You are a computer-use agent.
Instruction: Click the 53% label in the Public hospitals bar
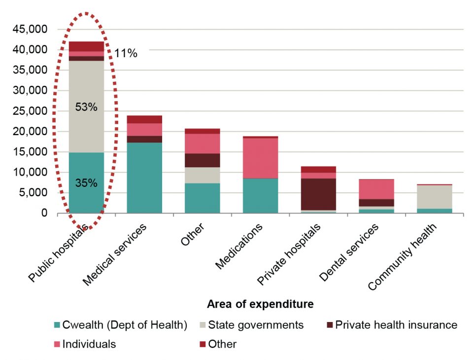point(86,107)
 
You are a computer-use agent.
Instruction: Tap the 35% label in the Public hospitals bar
point(86,183)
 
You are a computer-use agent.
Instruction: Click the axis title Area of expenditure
point(260,304)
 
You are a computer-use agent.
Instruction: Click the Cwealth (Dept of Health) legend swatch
point(56,325)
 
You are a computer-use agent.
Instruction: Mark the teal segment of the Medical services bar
point(144,178)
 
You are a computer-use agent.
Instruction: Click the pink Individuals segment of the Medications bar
point(261,158)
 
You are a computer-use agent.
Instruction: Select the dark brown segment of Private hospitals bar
point(319,194)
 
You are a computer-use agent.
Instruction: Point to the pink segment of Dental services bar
point(377,189)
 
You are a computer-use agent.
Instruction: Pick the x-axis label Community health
point(405,256)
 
